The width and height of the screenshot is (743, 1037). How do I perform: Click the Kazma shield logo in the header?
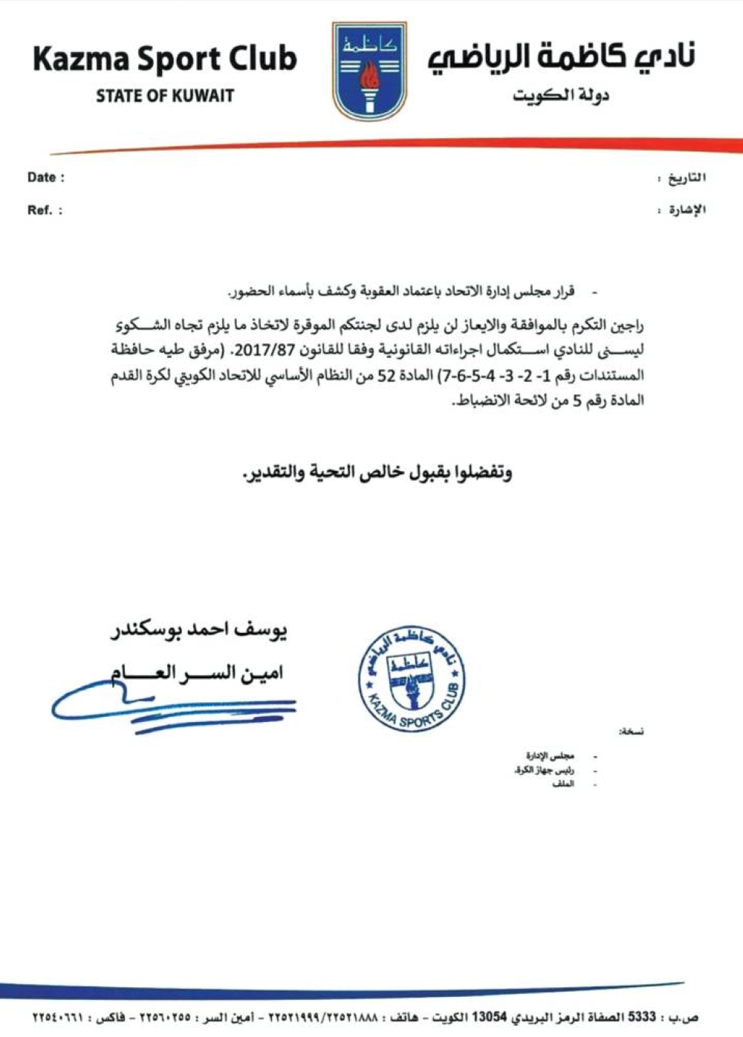pyautogui.click(x=369, y=71)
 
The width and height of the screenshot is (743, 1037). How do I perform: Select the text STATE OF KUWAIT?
pyautogui.click(x=165, y=96)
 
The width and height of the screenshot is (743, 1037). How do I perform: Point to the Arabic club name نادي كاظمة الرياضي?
pyautogui.click(x=561, y=58)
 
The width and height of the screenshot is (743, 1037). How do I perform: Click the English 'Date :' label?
pyautogui.click(x=46, y=178)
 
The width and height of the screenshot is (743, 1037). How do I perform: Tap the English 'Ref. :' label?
pyautogui.click(x=45, y=210)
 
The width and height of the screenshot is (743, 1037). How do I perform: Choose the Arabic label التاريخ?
pyautogui.click(x=686, y=178)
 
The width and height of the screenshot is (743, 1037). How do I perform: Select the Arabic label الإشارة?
pyautogui.click(x=686, y=210)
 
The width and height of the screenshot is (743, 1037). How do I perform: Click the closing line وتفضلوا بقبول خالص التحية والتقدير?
pyautogui.click(x=377, y=473)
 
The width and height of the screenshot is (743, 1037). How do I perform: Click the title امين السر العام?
pyautogui.click(x=197, y=674)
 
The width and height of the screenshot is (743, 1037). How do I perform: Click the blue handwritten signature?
pyautogui.click(x=171, y=706)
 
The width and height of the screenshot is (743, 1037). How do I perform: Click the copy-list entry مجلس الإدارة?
pyautogui.click(x=551, y=756)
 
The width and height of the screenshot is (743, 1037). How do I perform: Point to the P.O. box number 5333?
pyautogui.click(x=642, y=1017)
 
